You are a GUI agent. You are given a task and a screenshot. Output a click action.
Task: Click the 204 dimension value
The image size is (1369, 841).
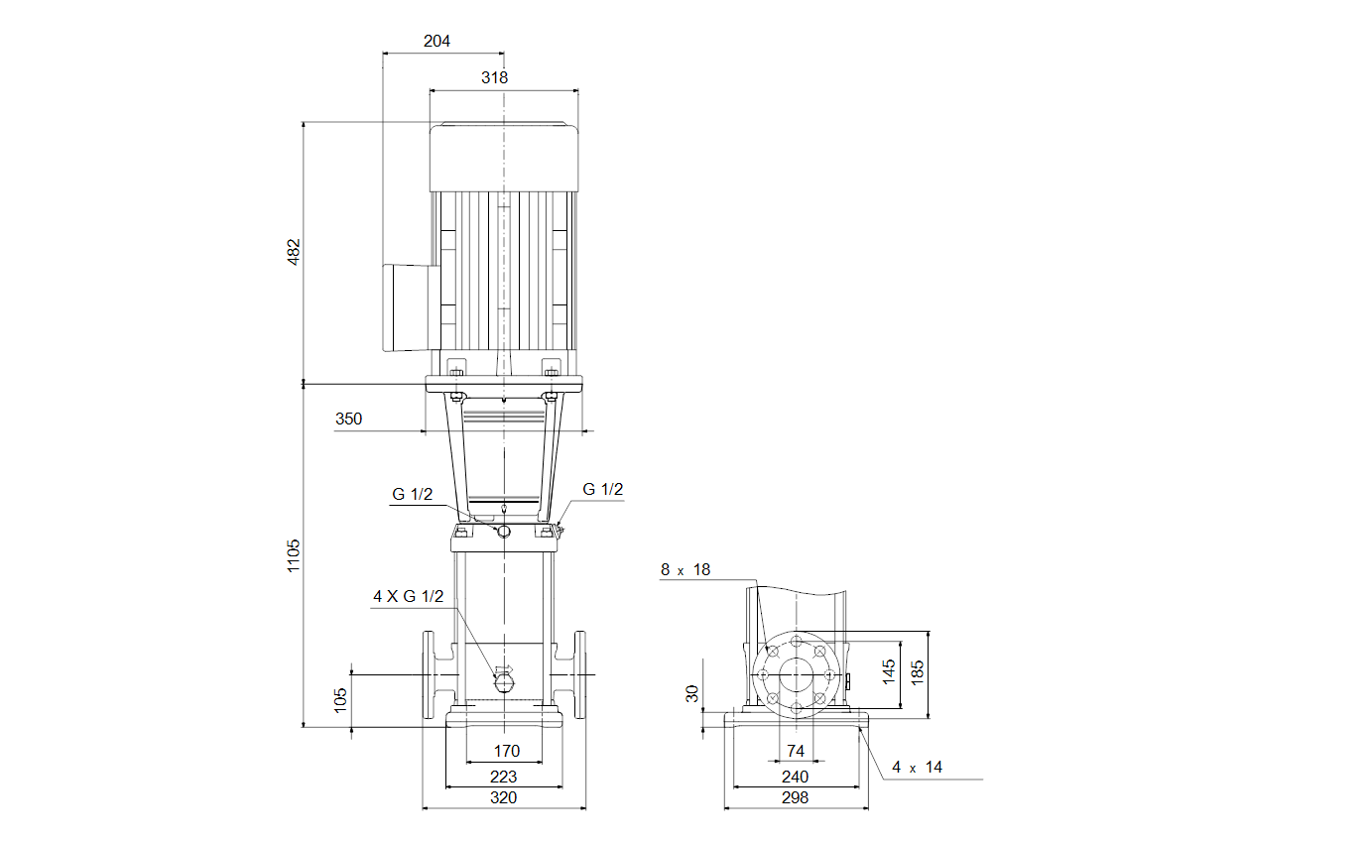click(436, 41)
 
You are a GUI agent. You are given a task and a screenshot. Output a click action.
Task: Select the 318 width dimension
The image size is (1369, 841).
click(494, 77)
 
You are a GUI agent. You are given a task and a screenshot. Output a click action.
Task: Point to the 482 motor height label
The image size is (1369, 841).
click(294, 252)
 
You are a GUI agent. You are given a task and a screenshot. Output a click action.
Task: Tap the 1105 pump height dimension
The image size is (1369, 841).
click(294, 555)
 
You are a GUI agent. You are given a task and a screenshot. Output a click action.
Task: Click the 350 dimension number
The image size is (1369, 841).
click(348, 419)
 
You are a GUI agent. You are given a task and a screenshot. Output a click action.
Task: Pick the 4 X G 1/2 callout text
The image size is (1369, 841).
click(409, 596)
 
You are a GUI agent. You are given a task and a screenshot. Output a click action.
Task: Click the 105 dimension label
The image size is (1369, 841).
click(340, 700)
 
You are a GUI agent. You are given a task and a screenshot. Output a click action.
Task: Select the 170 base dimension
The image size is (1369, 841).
click(507, 751)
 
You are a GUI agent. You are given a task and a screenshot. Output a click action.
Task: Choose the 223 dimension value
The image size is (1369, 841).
click(504, 777)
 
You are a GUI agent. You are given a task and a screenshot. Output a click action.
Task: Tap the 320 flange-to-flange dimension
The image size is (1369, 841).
click(504, 797)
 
